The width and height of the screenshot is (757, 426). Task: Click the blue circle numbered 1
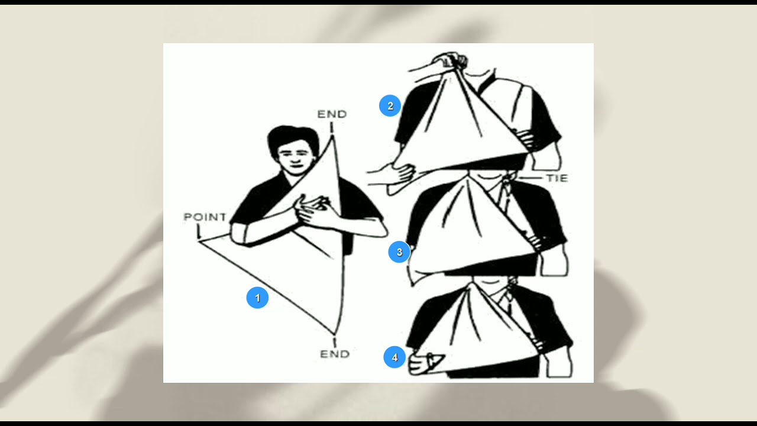[x=257, y=298]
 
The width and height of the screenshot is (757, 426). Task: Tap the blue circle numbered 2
[x=390, y=106]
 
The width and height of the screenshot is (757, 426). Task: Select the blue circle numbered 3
[x=399, y=253]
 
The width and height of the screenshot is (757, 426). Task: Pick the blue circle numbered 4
[x=394, y=357]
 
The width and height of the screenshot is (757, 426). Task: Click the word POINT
[x=205, y=217]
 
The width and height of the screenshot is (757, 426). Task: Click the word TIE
[x=557, y=178]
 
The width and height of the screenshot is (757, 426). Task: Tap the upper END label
[x=332, y=114]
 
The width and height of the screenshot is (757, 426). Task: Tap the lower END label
[x=335, y=354]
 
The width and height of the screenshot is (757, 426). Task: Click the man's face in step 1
[x=293, y=159]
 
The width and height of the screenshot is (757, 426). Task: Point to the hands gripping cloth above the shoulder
[x=451, y=60]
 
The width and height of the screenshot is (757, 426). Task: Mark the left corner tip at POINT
[x=199, y=241]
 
